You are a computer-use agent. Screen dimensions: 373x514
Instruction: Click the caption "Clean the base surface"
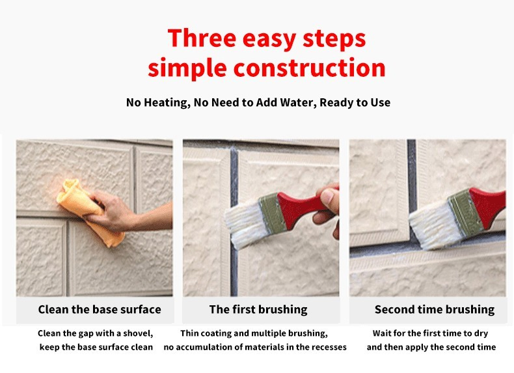[x=99, y=309]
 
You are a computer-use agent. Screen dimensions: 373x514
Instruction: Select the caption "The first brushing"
[x=258, y=309]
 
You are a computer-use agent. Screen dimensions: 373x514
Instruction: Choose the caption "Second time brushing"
[x=434, y=310]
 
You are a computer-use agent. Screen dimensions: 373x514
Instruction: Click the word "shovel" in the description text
[x=135, y=333]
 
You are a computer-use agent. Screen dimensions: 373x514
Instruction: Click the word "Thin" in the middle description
[x=191, y=333]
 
